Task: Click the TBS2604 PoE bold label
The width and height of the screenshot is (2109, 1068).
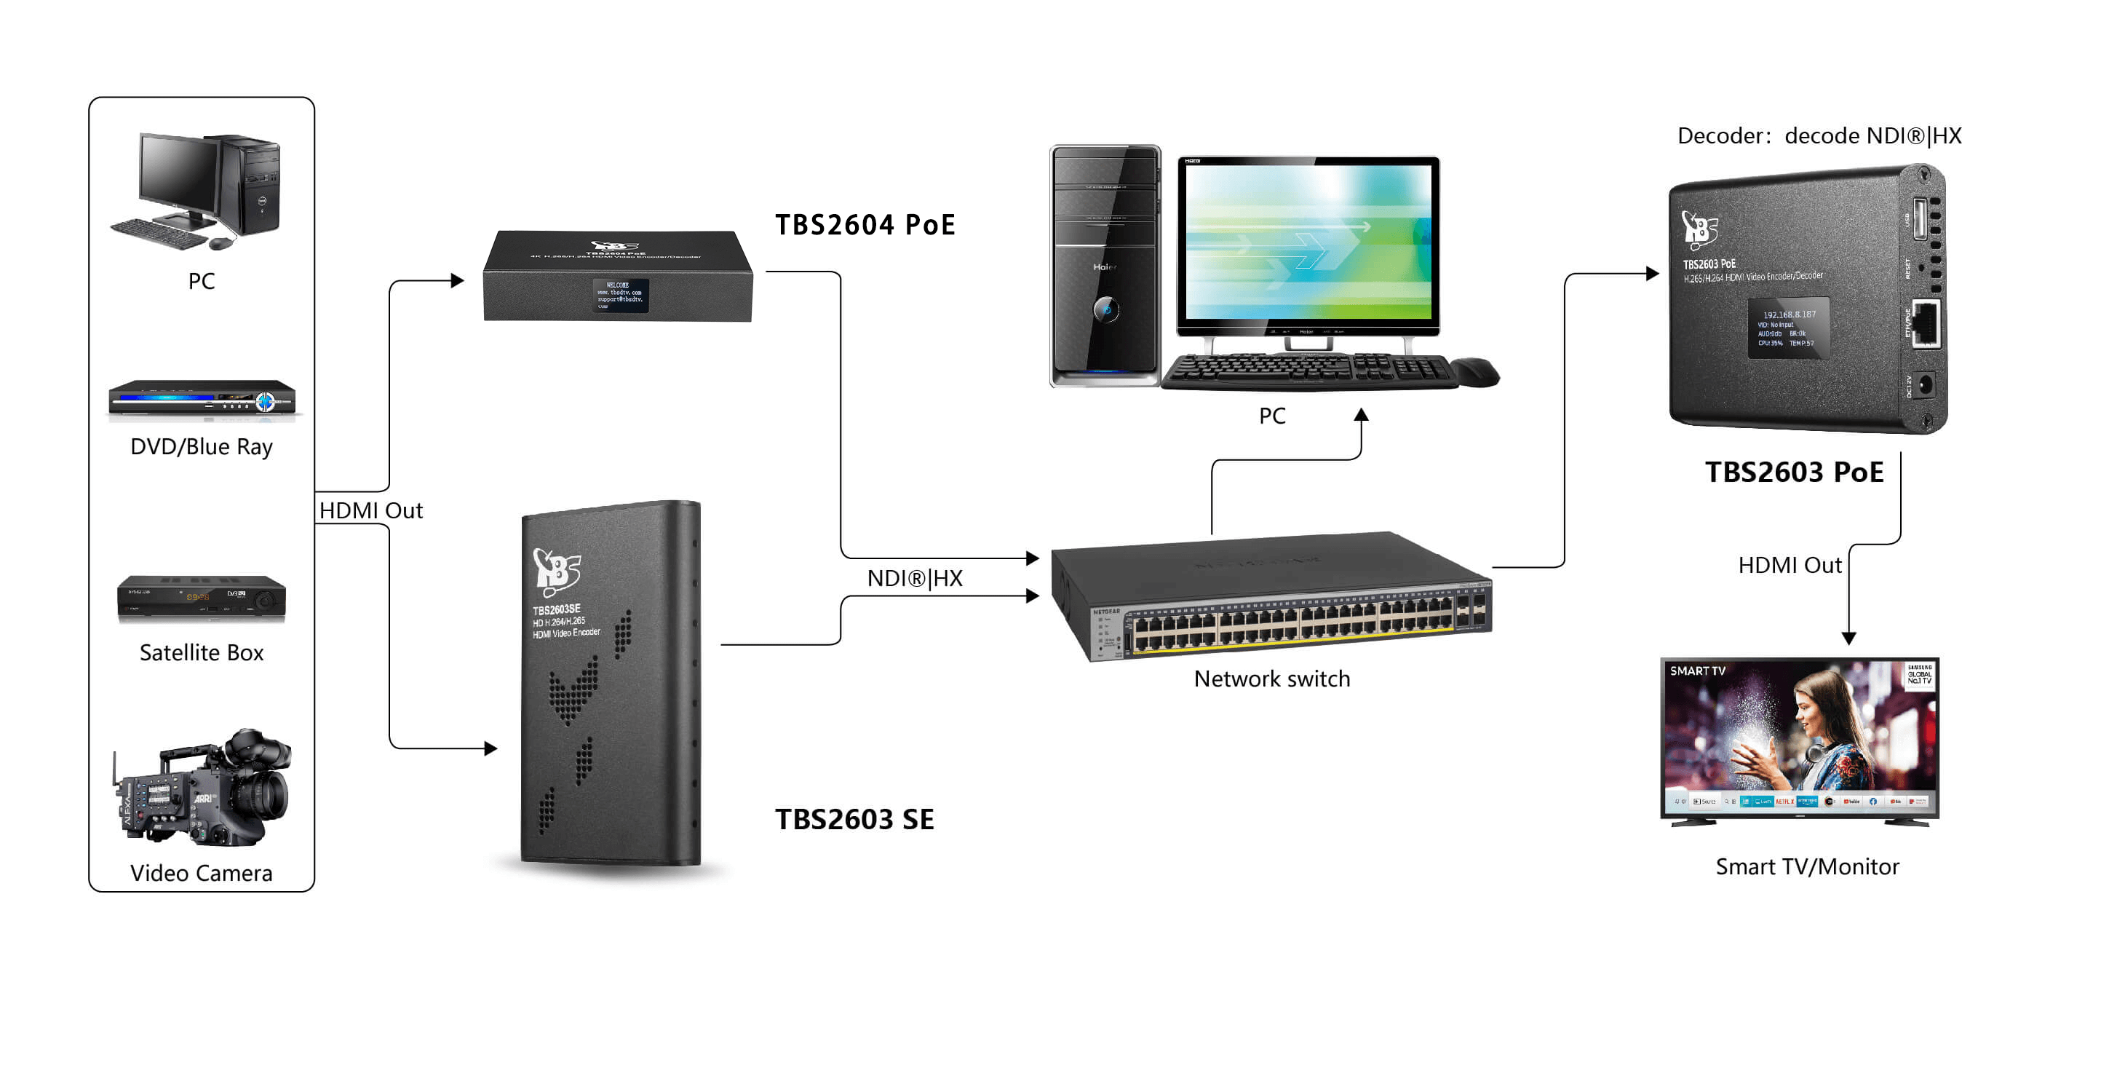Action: click(865, 225)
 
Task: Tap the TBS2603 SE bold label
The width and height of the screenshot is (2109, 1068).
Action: click(854, 819)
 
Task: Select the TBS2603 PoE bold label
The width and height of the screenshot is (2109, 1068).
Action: click(1793, 472)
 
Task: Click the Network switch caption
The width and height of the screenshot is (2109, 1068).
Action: click(1271, 679)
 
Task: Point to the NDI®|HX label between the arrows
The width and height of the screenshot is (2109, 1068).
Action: click(915, 579)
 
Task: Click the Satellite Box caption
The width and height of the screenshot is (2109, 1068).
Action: click(202, 653)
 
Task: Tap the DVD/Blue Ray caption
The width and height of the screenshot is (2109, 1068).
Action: click(202, 447)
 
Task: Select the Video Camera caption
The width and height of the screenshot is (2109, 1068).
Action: click(202, 873)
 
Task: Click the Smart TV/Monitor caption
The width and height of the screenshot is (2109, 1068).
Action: click(1806, 866)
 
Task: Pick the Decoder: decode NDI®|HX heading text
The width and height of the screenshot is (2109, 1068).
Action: click(1819, 136)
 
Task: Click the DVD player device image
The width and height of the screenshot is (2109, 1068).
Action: click(202, 399)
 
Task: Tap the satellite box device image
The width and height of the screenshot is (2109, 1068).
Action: click(202, 598)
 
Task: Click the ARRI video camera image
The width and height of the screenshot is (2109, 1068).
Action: click(203, 788)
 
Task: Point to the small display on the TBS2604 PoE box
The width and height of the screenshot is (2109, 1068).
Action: click(621, 295)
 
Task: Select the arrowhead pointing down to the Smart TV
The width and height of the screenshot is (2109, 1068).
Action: click(1848, 638)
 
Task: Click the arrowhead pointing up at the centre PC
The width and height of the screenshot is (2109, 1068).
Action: click(1361, 415)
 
